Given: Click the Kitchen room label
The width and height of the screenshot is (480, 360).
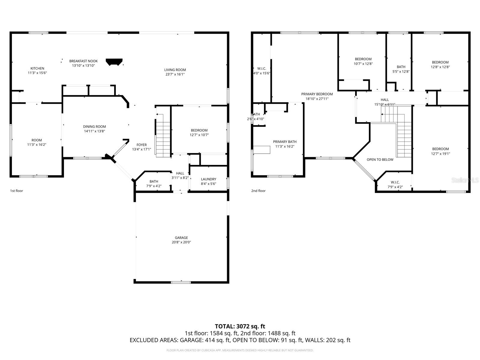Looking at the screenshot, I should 37,68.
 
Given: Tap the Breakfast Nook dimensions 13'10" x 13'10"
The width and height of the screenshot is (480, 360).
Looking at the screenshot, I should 83,65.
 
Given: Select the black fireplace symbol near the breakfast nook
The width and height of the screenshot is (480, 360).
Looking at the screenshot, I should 114,62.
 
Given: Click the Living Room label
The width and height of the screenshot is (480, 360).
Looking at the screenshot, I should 175,70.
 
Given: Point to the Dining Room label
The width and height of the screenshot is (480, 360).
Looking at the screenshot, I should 94,127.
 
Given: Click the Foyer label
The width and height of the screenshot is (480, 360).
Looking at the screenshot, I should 142,145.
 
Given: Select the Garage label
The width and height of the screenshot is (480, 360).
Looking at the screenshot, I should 181,238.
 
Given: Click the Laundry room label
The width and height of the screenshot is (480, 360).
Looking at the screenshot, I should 208,179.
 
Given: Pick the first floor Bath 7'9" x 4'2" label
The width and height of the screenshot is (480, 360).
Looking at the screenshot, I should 154,181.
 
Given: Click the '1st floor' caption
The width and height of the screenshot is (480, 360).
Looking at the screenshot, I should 16,191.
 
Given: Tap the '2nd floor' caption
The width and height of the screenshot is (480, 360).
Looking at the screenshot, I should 258,191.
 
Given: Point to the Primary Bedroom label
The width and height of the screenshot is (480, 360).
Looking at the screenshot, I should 317,94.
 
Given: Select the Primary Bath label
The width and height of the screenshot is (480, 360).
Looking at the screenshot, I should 285,142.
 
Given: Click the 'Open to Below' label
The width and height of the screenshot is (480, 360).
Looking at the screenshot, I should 380,160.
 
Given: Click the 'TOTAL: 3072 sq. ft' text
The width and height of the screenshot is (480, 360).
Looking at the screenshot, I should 240,326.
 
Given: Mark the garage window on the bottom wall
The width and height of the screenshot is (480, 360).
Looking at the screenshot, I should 181,282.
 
